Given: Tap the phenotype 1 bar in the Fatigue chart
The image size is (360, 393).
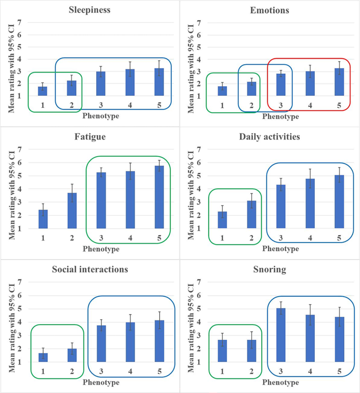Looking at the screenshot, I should coord(43,219).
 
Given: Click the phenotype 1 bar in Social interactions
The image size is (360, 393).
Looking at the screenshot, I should coord(43,357).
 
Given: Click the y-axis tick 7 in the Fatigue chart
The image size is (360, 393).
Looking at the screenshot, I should coord(19,149).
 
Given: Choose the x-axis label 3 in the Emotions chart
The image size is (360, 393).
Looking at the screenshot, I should coord(281,105).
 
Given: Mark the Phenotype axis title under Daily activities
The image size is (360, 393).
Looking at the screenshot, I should coord(280,248).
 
